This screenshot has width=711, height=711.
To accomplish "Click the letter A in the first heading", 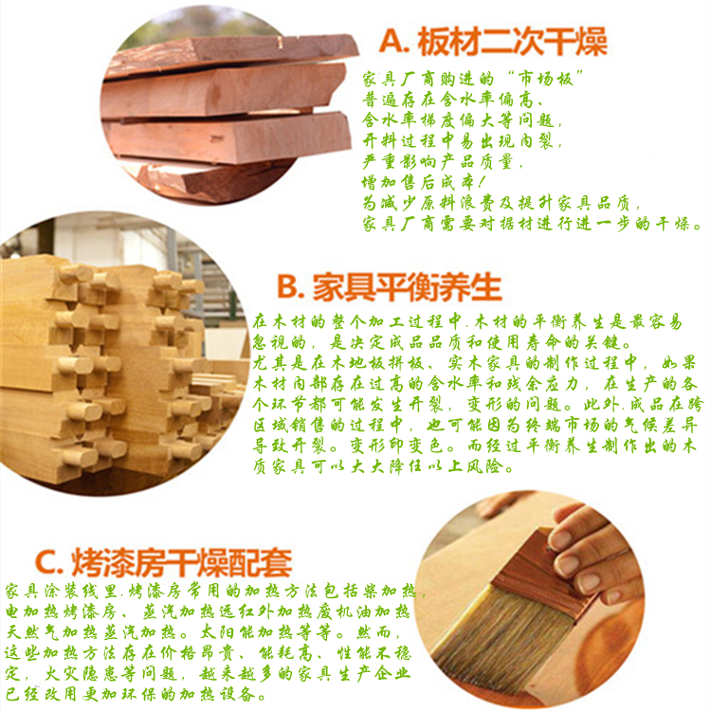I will tap(392, 42).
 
